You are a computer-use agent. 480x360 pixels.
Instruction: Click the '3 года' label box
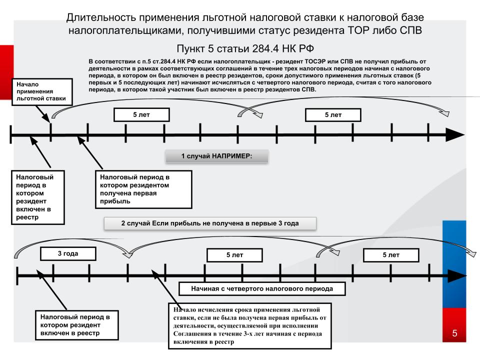pyautogui.click(x=68, y=254)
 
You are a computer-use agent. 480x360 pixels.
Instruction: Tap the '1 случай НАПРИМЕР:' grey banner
pyautogui.click(x=216, y=156)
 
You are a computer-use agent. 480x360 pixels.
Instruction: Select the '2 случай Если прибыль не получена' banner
pyautogui.click(x=210, y=223)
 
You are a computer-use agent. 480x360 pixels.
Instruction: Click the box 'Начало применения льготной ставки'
pyautogui.click(x=42, y=92)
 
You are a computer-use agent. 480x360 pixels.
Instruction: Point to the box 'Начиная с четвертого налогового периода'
pyautogui.click(x=262, y=288)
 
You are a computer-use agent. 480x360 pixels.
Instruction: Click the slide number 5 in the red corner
pyautogui.click(x=454, y=333)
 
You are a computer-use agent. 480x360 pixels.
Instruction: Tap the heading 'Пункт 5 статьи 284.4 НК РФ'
pyautogui.click(x=245, y=48)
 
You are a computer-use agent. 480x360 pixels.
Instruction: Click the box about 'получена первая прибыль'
pyautogui.click(x=143, y=189)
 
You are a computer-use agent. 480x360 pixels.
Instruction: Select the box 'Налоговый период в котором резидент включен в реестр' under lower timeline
pyautogui.click(x=77, y=325)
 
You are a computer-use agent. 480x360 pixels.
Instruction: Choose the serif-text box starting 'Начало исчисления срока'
pyautogui.click(x=250, y=326)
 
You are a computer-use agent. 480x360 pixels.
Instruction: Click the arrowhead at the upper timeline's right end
pyautogui.click(x=455, y=134)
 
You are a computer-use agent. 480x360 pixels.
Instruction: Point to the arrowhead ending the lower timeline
pyautogui.click(x=456, y=276)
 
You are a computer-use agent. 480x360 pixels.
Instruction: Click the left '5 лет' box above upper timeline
pyautogui.click(x=141, y=115)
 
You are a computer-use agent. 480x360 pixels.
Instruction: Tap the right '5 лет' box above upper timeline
pyautogui.click(x=333, y=115)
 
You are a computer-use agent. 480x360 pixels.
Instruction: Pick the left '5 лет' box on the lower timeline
pyautogui.click(x=234, y=255)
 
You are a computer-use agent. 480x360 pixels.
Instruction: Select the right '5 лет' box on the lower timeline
pyautogui.click(x=391, y=255)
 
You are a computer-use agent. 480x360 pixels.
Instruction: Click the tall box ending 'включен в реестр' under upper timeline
pyautogui.click(x=38, y=197)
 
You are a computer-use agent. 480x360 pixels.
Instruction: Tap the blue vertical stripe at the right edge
pyautogui.click(x=454, y=264)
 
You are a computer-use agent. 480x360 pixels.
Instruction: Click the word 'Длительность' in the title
pyautogui.click(x=101, y=17)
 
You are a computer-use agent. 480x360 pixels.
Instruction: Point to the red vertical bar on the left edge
pyautogui.click(x=6, y=72)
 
